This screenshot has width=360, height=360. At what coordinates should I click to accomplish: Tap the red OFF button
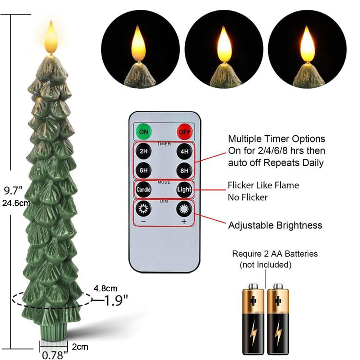click(185, 132)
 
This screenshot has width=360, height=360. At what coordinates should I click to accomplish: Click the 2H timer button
click(144, 151)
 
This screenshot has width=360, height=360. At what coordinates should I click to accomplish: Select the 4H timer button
click(184, 151)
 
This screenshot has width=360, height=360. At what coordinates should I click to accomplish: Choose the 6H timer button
click(144, 170)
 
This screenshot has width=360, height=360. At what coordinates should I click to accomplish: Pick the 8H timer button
click(184, 171)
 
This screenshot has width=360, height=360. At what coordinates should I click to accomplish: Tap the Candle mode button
click(144, 190)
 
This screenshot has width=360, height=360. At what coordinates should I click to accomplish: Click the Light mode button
click(184, 190)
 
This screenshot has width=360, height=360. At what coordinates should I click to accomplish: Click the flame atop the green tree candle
click(51, 37)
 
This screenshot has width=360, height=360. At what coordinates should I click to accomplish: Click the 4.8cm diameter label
click(105, 288)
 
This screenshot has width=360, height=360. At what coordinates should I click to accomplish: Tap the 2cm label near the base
click(80, 347)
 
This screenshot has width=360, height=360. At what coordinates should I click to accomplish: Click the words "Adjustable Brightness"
click(275, 225)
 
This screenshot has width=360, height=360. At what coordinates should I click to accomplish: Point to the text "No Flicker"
click(248, 197)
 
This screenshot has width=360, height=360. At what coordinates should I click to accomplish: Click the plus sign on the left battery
click(253, 301)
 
